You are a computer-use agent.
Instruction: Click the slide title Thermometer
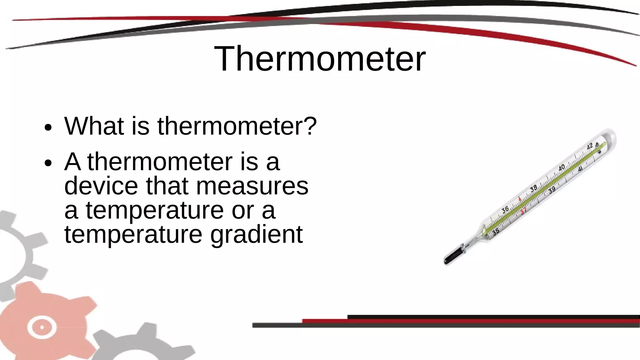tap(320, 59)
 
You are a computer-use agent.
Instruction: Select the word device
tap(101, 186)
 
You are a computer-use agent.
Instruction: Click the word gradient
tap(256, 235)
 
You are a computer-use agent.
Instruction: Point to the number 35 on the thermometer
tap(496, 232)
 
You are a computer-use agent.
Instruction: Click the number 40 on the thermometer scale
tap(562, 168)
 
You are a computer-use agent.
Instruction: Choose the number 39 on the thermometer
tap(552, 190)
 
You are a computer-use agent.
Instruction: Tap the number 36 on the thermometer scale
tap(505, 210)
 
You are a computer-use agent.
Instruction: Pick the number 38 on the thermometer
tap(534, 188)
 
